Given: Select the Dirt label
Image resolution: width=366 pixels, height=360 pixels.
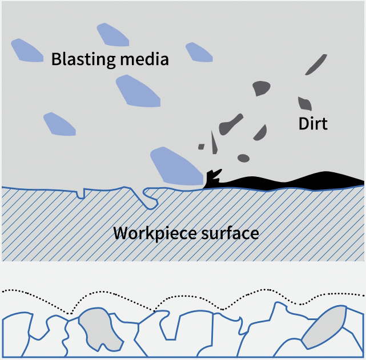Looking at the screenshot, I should point(313,123).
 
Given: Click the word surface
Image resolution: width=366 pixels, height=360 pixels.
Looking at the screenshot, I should point(227,233).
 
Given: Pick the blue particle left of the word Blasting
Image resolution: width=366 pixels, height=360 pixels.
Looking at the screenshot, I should point(26,50).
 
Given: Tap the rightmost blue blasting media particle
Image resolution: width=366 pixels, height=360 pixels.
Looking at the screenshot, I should point(199,52).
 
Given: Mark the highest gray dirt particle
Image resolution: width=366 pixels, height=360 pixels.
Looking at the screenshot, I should point(316,64).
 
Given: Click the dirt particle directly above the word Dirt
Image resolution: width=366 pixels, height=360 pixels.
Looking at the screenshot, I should point(304,103).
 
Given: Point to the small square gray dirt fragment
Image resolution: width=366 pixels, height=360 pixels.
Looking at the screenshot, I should point(201,147).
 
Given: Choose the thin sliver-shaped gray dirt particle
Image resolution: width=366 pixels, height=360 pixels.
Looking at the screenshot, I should point(214,142).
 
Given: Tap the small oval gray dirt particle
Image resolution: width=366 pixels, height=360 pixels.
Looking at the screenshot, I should point(244,157).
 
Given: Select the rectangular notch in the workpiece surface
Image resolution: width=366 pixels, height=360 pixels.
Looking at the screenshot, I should point(81,193).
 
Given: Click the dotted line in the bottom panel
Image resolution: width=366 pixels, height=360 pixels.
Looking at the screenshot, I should point(188,295).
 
